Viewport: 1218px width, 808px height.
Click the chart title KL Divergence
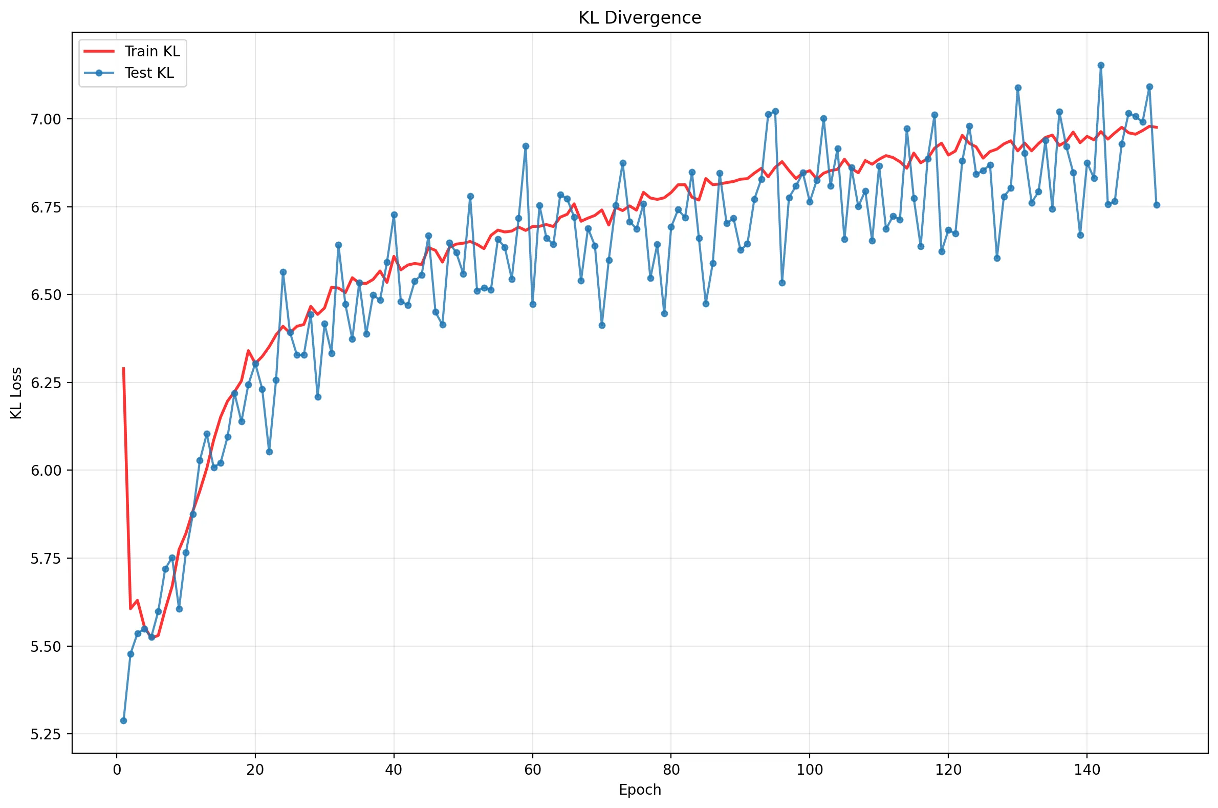point(639,17)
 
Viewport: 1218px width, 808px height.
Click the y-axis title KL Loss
point(16,393)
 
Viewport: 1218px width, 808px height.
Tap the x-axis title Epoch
point(640,790)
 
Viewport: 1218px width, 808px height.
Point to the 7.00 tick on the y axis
point(46,119)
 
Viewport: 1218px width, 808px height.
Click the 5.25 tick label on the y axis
point(46,734)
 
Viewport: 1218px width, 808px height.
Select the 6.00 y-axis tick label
point(46,471)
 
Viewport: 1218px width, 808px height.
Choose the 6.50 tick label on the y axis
point(46,295)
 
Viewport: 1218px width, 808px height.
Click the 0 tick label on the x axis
point(117,770)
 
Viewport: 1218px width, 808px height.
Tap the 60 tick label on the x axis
point(533,770)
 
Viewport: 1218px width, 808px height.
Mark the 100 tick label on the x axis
point(810,770)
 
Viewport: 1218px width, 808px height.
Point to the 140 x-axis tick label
point(1086,770)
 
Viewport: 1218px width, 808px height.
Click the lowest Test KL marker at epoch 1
point(124,720)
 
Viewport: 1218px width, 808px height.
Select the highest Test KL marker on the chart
point(1101,66)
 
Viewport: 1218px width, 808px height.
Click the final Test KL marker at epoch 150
point(1156,205)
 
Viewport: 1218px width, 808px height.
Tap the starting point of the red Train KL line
point(124,368)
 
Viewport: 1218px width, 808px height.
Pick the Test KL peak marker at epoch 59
point(525,146)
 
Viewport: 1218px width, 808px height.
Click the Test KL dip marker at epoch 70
point(602,325)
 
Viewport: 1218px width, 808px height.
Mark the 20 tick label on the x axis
point(255,770)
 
